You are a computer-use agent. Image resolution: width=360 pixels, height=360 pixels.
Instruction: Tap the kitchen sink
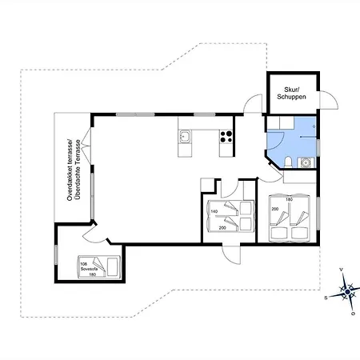[186, 137]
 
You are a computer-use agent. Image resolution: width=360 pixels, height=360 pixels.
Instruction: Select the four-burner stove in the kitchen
[226, 136]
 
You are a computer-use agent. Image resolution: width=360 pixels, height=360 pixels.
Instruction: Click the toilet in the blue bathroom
[286, 163]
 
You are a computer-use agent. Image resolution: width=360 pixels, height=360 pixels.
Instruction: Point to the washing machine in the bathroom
[306, 162]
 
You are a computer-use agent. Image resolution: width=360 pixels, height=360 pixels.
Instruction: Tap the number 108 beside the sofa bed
[84, 262]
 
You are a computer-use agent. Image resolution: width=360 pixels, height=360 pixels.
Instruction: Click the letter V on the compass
[342, 270]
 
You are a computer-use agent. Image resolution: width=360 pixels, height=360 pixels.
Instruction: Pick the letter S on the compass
[326, 297]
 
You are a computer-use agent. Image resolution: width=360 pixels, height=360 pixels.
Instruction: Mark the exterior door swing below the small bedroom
[233, 250]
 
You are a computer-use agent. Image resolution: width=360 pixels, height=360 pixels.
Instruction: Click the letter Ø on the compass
[353, 314]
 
